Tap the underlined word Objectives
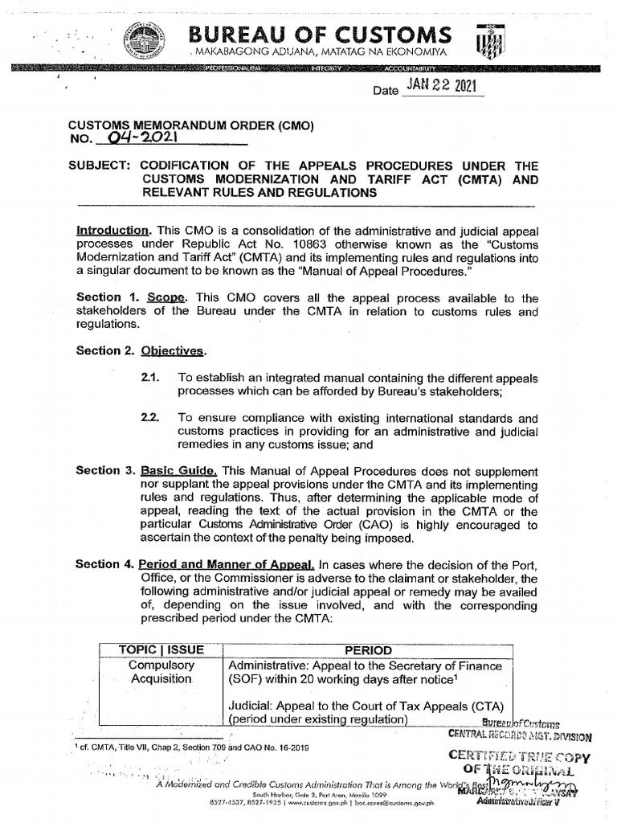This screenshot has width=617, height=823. (x=174, y=350)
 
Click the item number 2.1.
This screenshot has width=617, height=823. (x=150, y=377)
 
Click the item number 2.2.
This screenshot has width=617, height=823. (x=150, y=418)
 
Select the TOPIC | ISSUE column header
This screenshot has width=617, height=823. (x=161, y=649)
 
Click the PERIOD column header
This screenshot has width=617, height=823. (x=368, y=649)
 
